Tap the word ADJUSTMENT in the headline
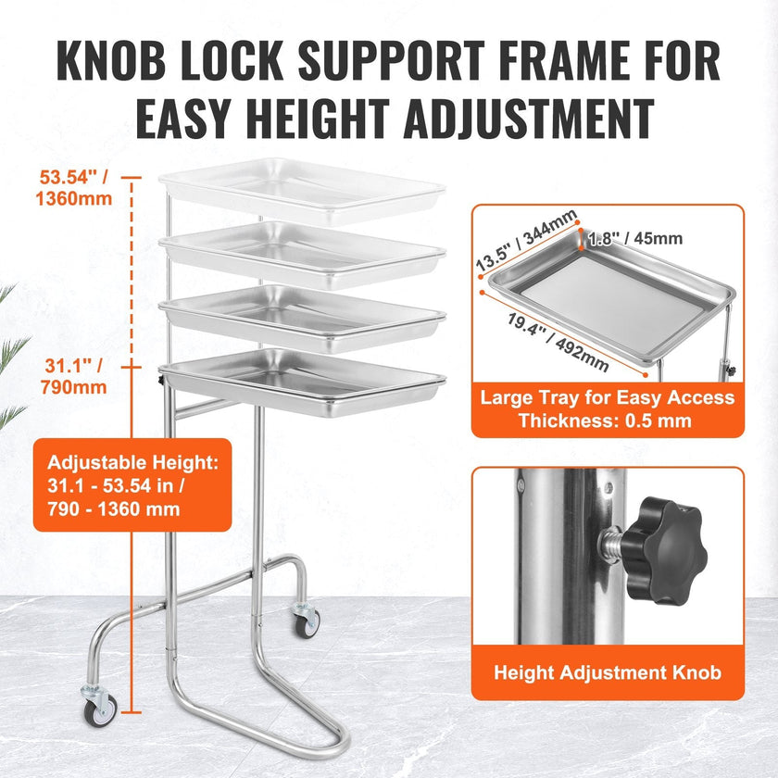pyautogui.click(x=529, y=119)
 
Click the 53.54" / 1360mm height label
pyautogui.click(x=74, y=187)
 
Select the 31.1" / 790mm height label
pyautogui.click(x=74, y=376)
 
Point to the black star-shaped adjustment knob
pyautogui.click(x=662, y=550)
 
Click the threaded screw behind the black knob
pyautogui.click(x=611, y=545)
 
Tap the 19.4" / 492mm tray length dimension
pyautogui.click(x=558, y=343)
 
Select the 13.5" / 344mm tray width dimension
pyautogui.click(x=526, y=240)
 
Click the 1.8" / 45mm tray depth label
pyautogui.click(x=635, y=239)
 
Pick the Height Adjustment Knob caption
pyautogui.click(x=608, y=672)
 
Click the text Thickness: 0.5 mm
pyautogui.click(x=606, y=420)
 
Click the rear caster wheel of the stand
pyautogui.click(x=307, y=621)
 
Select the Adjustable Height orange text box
pyautogui.click(x=132, y=484)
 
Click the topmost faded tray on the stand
pyautogui.click(x=302, y=191)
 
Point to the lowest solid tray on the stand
pyautogui.click(x=302, y=382)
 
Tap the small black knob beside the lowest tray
pyautogui.click(x=161, y=381)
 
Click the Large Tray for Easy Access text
pyautogui.click(x=608, y=397)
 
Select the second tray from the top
pyautogui.click(x=302, y=255)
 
